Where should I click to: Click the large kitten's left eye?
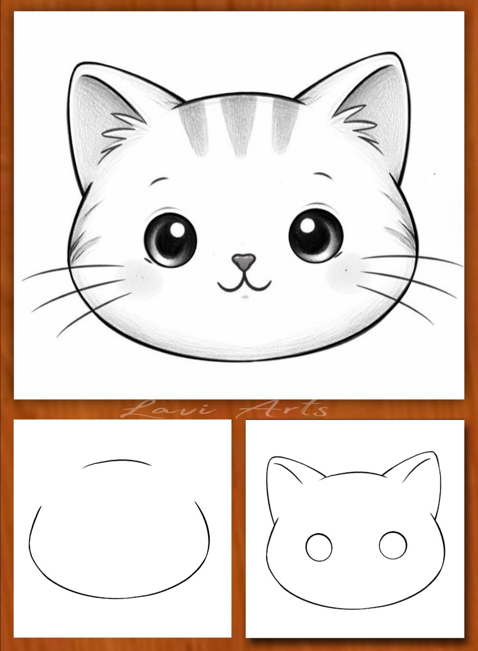(170, 240)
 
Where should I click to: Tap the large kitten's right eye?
(316, 236)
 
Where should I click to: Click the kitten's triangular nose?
(244, 261)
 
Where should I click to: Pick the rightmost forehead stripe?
(285, 125)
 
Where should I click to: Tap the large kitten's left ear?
(110, 122)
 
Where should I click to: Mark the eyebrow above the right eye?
(323, 175)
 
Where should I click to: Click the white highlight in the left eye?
(177, 230)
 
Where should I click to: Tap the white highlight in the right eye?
(308, 225)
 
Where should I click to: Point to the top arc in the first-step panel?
(117, 460)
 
